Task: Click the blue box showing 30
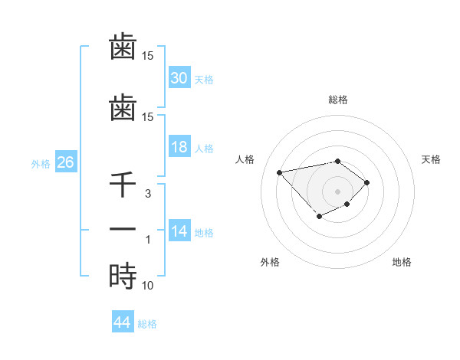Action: click(x=179, y=78)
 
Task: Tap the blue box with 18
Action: click(x=179, y=147)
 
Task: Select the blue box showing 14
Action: click(x=179, y=231)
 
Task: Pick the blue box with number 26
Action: click(x=65, y=162)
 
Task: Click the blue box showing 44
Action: click(x=122, y=322)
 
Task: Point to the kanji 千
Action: click(x=123, y=185)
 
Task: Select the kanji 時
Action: click(x=123, y=276)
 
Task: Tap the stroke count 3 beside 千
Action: click(x=147, y=195)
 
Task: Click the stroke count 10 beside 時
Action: click(x=147, y=286)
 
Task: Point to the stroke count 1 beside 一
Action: click(x=147, y=240)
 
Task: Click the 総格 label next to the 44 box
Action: click(x=147, y=324)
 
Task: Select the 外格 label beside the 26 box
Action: click(x=41, y=163)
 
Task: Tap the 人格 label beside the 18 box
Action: click(x=204, y=148)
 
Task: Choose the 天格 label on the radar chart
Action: click(x=431, y=159)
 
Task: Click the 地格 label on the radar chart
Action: click(x=402, y=262)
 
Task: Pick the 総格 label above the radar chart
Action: click(x=337, y=100)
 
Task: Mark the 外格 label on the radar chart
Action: click(x=270, y=262)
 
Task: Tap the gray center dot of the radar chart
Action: click(x=337, y=190)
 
